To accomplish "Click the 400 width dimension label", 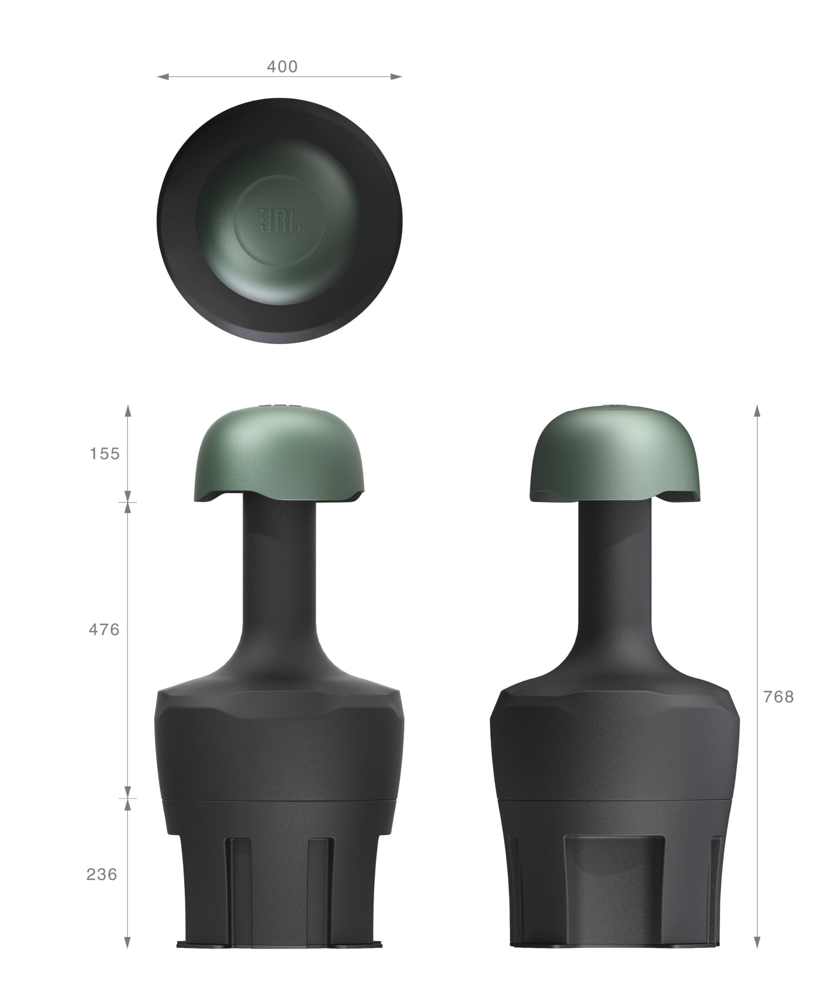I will pos(282,67).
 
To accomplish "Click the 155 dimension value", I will pos(105,454).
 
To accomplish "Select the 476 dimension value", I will pos(104,630).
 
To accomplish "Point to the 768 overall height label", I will pos(778,697).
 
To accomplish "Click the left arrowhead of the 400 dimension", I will pos(163,76).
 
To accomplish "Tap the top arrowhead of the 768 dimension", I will pos(757,411).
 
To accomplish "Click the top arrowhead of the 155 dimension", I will pos(127,411).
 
